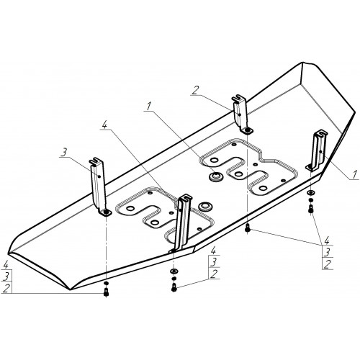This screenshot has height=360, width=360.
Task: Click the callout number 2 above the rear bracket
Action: pyautogui.click(x=195, y=91)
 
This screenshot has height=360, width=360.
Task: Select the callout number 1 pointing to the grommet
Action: pyautogui.click(x=149, y=107)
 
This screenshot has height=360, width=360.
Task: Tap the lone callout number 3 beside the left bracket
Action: pyautogui.click(x=63, y=153)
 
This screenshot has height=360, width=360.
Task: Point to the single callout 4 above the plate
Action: pyautogui.click(x=104, y=124)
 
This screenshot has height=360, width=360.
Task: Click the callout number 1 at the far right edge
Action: pyautogui.click(x=355, y=174)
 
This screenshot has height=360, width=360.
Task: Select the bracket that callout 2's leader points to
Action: pyautogui.click(x=241, y=114)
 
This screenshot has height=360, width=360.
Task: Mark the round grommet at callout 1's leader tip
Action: pyautogui.click(x=215, y=177)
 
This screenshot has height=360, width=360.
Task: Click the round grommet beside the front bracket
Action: pyautogui.click(x=205, y=206)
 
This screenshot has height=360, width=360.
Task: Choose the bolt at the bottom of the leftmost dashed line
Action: pyautogui.click(x=106, y=292)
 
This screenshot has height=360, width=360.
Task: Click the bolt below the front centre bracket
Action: pyautogui.click(x=174, y=287)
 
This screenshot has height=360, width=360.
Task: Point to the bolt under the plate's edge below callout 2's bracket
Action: pyautogui.click(x=248, y=229)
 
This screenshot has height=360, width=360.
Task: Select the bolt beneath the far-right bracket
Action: pyautogui.click(x=311, y=209)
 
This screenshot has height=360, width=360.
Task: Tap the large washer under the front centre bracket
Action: pyautogui.click(x=174, y=271)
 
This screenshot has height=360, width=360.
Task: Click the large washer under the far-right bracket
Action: pyautogui.click(x=311, y=193)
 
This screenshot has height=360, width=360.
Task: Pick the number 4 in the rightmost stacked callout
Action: pyautogui.click(x=327, y=240)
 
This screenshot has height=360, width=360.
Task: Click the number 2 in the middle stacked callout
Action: pyautogui.click(x=214, y=274)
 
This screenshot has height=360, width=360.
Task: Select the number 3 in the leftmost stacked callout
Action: pyautogui.click(x=6, y=276)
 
